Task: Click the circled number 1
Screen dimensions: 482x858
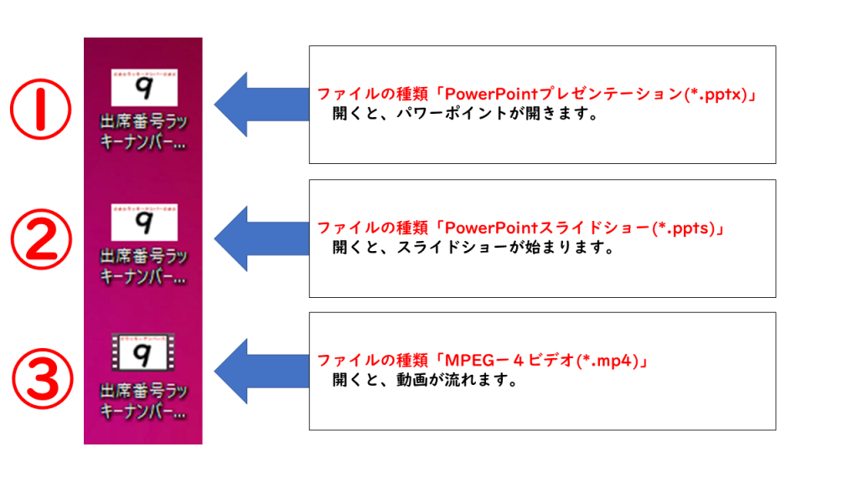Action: click(39, 110)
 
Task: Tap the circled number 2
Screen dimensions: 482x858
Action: click(40, 242)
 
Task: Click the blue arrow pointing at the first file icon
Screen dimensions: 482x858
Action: click(260, 105)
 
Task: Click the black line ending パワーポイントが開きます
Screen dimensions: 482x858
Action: click(465, 114)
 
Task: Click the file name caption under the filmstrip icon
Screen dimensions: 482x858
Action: click(143, 402)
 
